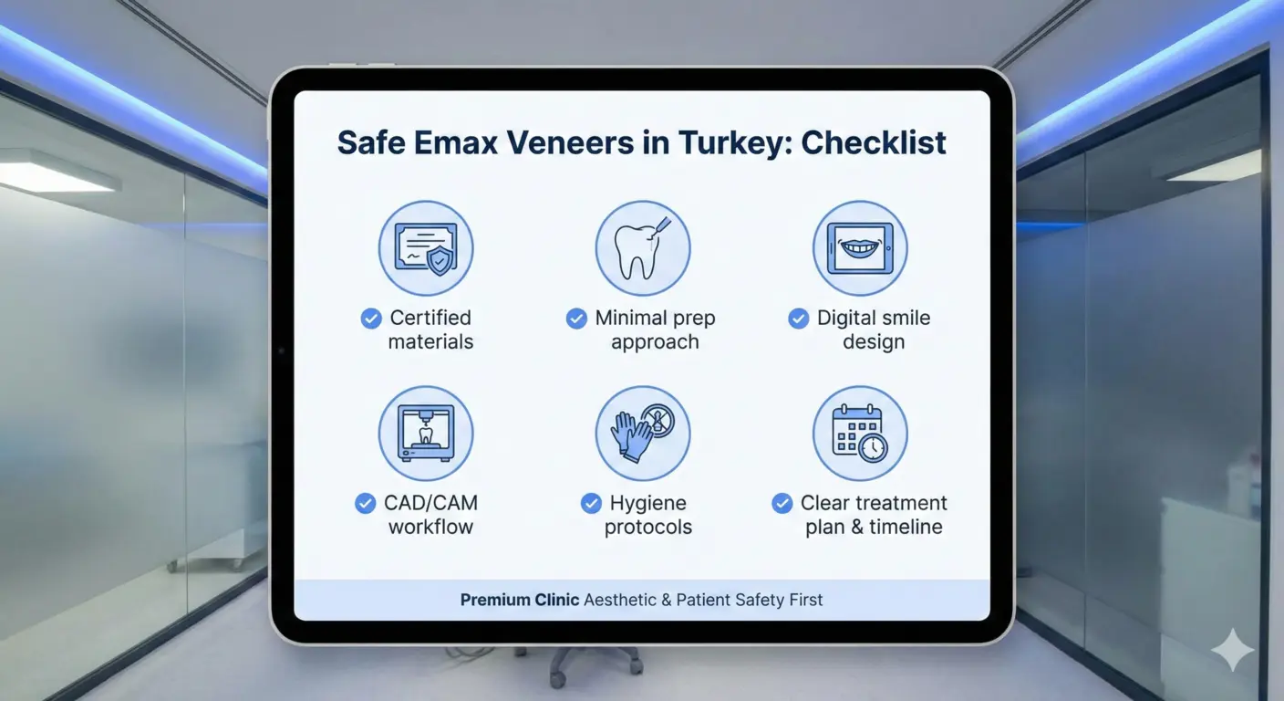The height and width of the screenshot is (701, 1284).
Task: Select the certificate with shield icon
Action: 426,248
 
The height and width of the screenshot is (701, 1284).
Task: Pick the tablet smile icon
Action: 860,248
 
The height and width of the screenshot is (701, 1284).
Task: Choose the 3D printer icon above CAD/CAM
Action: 426,433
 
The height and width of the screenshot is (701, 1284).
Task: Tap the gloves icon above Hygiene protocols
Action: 643,433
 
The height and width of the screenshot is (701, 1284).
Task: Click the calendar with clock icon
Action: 860,433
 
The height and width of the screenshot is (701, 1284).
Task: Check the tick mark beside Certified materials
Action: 371,318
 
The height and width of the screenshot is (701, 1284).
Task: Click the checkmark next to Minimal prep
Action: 576,318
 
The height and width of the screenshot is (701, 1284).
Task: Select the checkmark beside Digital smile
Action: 798,318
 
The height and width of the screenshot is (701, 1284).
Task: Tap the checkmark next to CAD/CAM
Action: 365,503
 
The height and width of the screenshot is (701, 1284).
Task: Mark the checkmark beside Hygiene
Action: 591,503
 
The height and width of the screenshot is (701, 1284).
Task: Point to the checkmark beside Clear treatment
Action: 782,503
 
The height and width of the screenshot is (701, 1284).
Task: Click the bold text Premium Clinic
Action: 519,600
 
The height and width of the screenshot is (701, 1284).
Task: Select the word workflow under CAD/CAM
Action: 430,527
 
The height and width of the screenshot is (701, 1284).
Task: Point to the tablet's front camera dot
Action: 282,351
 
